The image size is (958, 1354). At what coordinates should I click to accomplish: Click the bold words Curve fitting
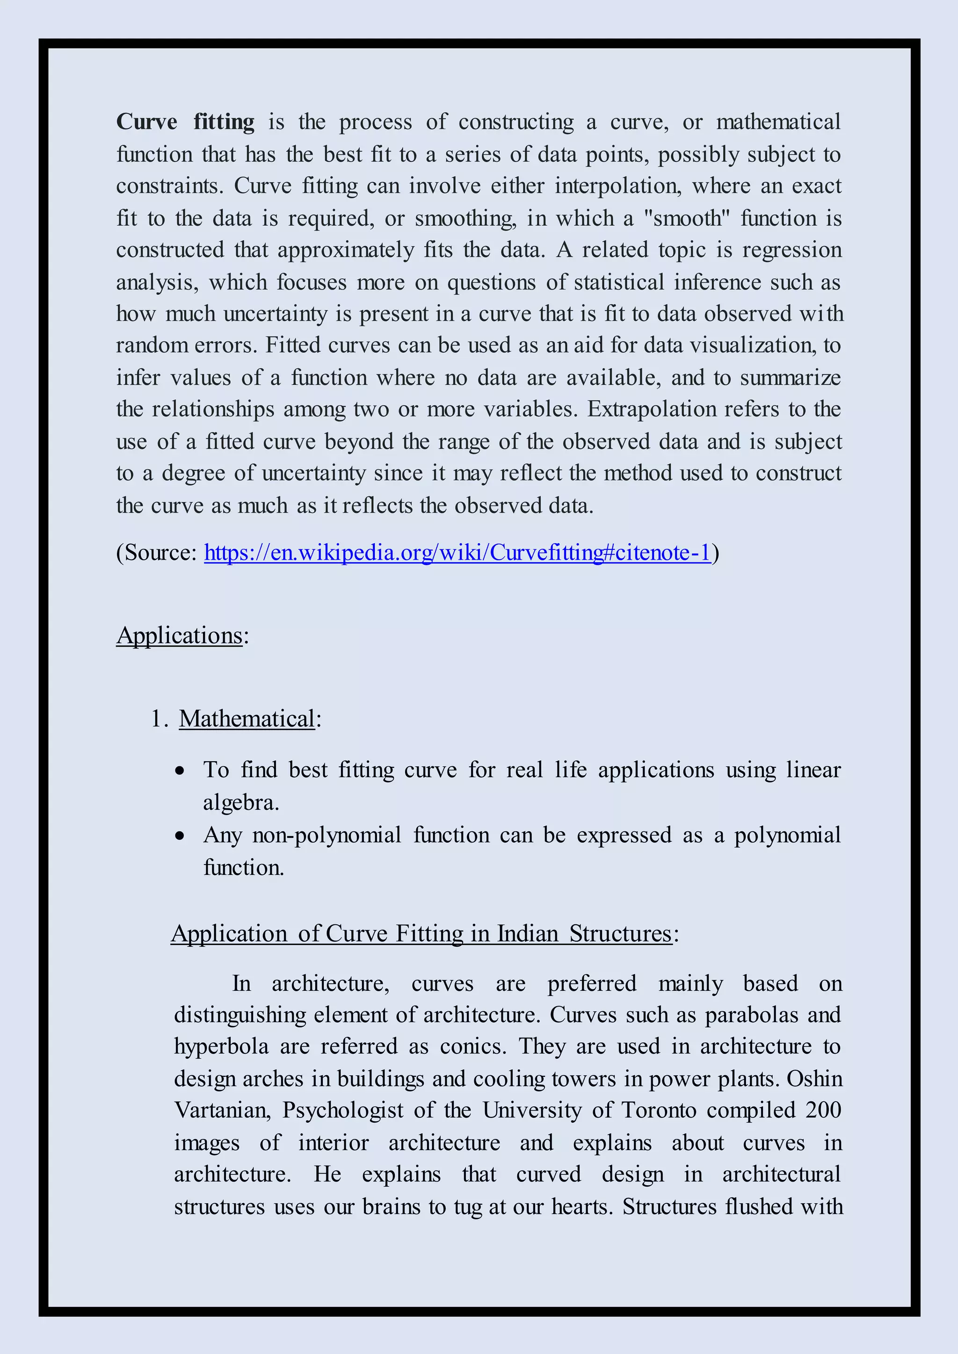tap(185, 122)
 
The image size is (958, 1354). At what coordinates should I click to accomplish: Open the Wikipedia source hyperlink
tap(457, 553)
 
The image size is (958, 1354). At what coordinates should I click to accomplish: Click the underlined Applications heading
tap(179, 636)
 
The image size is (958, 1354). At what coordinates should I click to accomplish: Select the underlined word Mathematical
tap(247, 719)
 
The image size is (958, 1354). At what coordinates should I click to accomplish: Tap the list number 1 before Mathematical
tap(156, 719)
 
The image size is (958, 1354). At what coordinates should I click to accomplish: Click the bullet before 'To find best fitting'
tap(180, 771)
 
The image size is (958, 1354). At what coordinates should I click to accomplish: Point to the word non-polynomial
tap(326, 835)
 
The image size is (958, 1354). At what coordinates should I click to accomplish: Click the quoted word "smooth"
tap(687, 218)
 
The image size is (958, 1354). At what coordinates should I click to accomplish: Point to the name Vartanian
tap(222, 1110)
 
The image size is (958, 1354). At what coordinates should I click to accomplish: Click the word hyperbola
tap(221, 1047)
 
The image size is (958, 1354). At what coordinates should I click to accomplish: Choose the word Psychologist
tap(342, 1111)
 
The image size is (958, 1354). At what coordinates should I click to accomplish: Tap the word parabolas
tap(751, 1015)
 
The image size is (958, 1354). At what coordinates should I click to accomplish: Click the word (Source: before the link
tap(157, 553)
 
